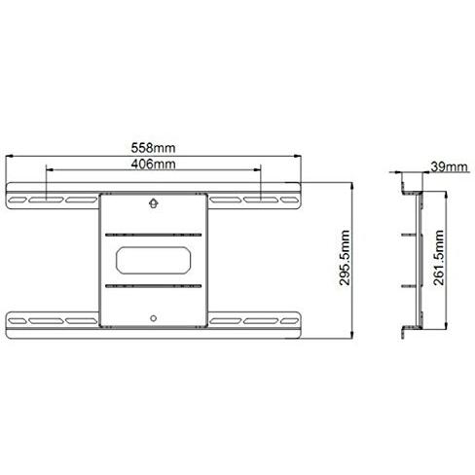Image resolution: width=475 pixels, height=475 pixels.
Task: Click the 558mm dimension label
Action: (154, 148)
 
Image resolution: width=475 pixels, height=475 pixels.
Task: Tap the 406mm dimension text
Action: (153, 164)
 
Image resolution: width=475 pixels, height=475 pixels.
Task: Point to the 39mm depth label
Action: (445, 168)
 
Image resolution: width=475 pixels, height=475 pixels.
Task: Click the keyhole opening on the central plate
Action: (154, 203)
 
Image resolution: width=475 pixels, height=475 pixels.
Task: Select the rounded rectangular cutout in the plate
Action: (154, 260)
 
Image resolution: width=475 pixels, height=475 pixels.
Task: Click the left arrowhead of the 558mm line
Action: (10, 157)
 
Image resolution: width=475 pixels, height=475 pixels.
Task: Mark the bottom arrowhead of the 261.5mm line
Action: (447, 326)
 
